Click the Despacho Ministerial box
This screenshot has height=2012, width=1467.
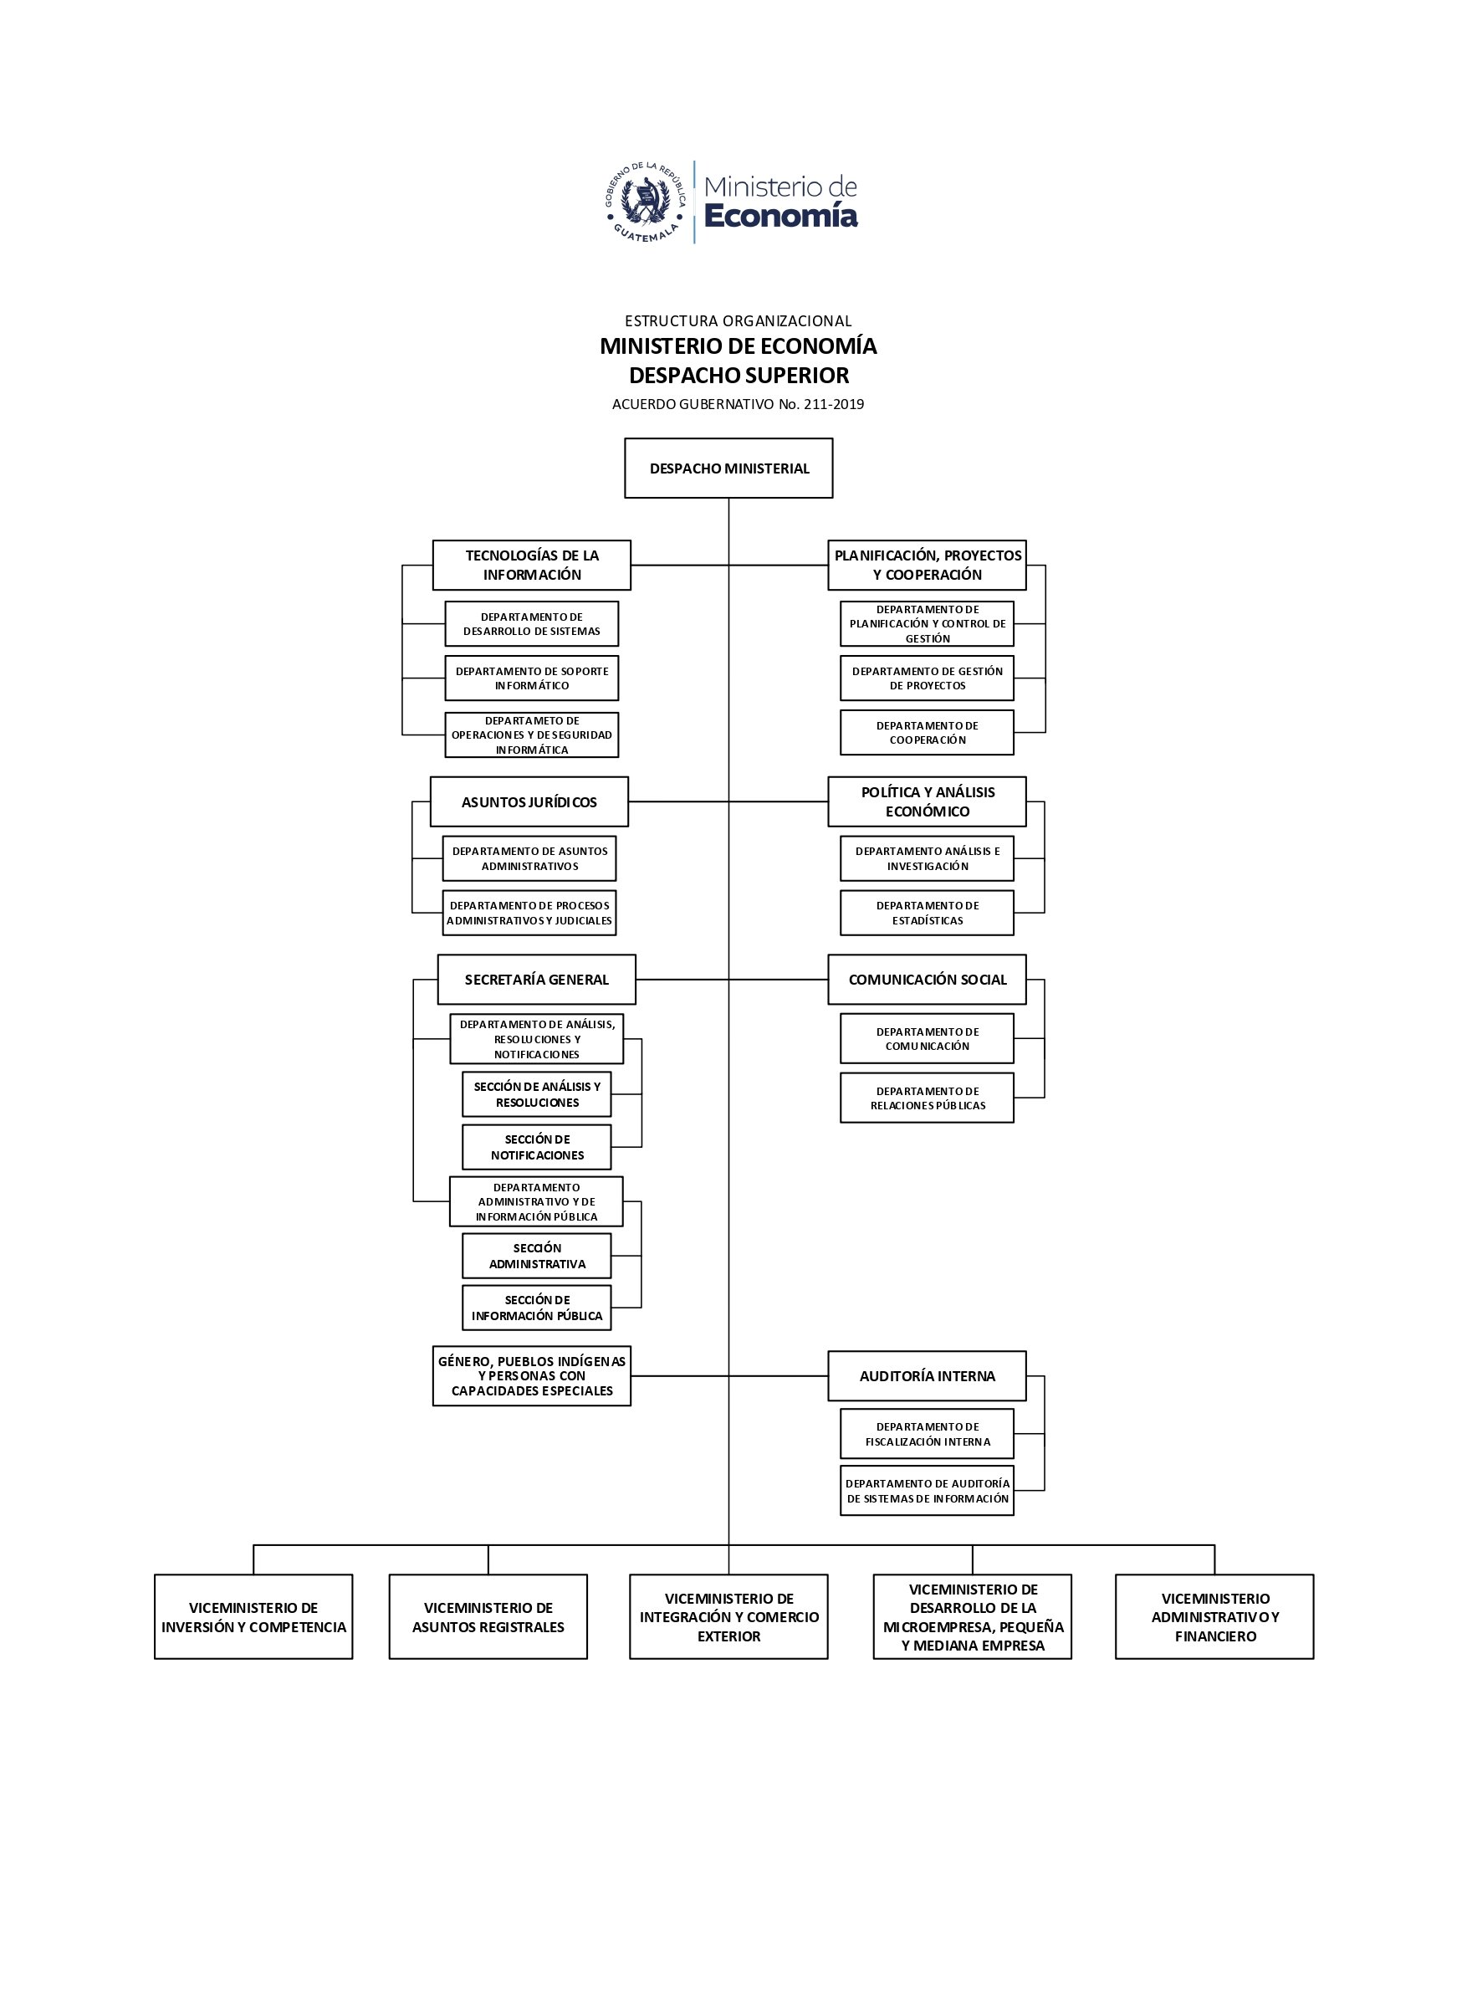tap(728, 468)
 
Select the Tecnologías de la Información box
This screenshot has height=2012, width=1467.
tap(531, 565)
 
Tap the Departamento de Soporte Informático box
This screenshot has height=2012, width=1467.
tap(531, 678)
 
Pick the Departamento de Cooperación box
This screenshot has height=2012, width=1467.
tap(927, 732)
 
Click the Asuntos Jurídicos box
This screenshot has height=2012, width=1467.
tap(529, 802)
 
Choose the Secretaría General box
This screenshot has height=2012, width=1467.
tap(536, 980)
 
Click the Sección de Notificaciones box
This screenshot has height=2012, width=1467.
tap(536, 1147)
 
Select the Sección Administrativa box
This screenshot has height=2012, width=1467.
tap(536, 1255)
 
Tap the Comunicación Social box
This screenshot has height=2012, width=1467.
tap(927, 980)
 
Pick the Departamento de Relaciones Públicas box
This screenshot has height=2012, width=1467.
tap(927, 1098)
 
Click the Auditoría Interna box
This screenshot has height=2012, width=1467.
tap(927, 1376)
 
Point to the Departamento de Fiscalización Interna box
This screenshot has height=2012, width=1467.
tap(927, 1434)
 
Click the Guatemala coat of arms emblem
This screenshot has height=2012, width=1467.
tap(646, 202)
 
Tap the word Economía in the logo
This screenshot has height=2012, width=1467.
tap(780, 216)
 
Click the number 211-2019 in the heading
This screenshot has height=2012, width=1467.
tap(833, 404)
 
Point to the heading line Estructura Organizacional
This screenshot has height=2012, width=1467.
tap(738, 320)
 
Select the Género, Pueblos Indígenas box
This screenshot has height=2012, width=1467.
tap(531, 1376)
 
